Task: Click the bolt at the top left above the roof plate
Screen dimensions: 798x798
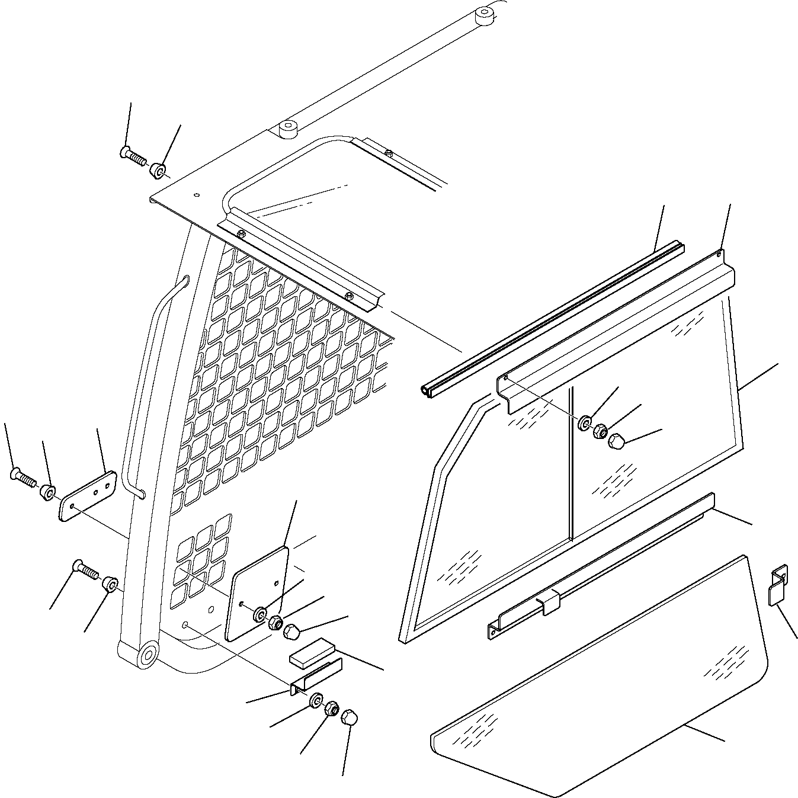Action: (133, 156)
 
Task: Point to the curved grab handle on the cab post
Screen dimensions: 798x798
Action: (155, 379)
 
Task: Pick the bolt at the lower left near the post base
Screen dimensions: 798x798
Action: (85, 570)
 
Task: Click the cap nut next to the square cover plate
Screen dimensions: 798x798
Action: (291, 633)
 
